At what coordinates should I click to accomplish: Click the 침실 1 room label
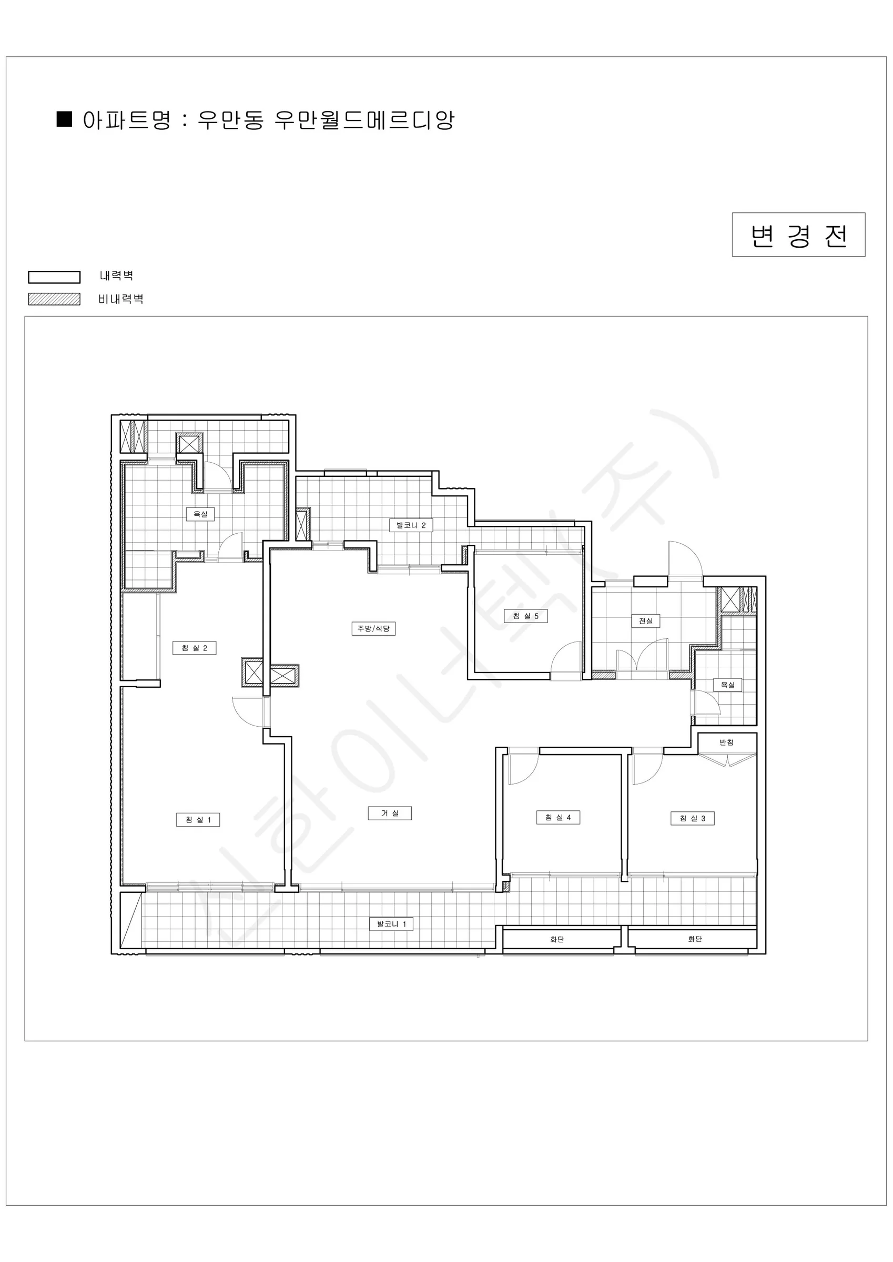coord(198,820)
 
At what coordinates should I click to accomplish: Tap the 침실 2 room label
coord(195,648)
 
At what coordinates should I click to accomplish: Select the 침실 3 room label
coord(692,818)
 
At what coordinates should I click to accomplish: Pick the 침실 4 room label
coord(558,817)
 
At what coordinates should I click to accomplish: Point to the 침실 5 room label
coord(526,616)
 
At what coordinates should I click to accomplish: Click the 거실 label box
coord(390,813)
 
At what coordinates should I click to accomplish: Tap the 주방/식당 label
coord(373,628)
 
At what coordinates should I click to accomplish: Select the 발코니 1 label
coord(391,924)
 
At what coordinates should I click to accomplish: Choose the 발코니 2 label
coord(411,525)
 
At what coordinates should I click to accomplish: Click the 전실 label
coord(645,621)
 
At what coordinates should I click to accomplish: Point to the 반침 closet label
coord(726,742)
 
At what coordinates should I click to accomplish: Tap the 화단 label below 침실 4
coord(557,939)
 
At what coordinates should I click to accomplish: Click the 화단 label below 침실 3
coord(695,939)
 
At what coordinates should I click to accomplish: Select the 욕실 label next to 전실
coord(727,685)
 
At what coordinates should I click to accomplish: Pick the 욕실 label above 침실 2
coord(200,514)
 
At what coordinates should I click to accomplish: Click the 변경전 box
coord(798,235)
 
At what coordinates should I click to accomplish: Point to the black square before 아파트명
coord(64,119)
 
